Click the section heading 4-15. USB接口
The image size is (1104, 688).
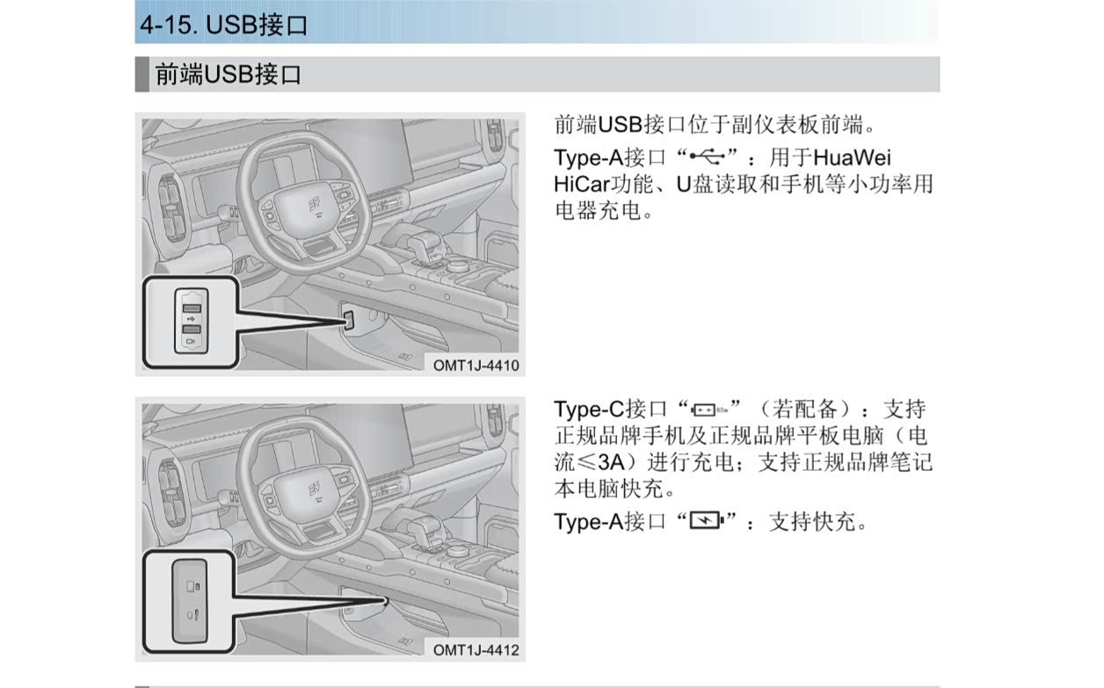point(224,25)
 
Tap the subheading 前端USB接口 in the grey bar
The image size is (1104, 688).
point(228,75)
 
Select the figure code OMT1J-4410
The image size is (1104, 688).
point(476,366)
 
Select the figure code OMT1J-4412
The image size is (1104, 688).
point(476,650)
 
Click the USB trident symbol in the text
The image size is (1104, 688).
point(708,157)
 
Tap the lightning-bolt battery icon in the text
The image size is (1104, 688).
point(707,520)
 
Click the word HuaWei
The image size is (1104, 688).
point(852,157)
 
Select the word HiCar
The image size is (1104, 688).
point(582,185)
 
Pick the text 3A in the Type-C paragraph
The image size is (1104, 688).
point(611,462)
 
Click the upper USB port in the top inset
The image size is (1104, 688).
point(192,308)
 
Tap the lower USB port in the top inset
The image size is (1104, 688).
point(192,329)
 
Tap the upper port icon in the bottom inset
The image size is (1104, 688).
point(192,586)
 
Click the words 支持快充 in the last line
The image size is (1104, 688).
point(812,521)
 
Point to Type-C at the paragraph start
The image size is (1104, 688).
point(589,409)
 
